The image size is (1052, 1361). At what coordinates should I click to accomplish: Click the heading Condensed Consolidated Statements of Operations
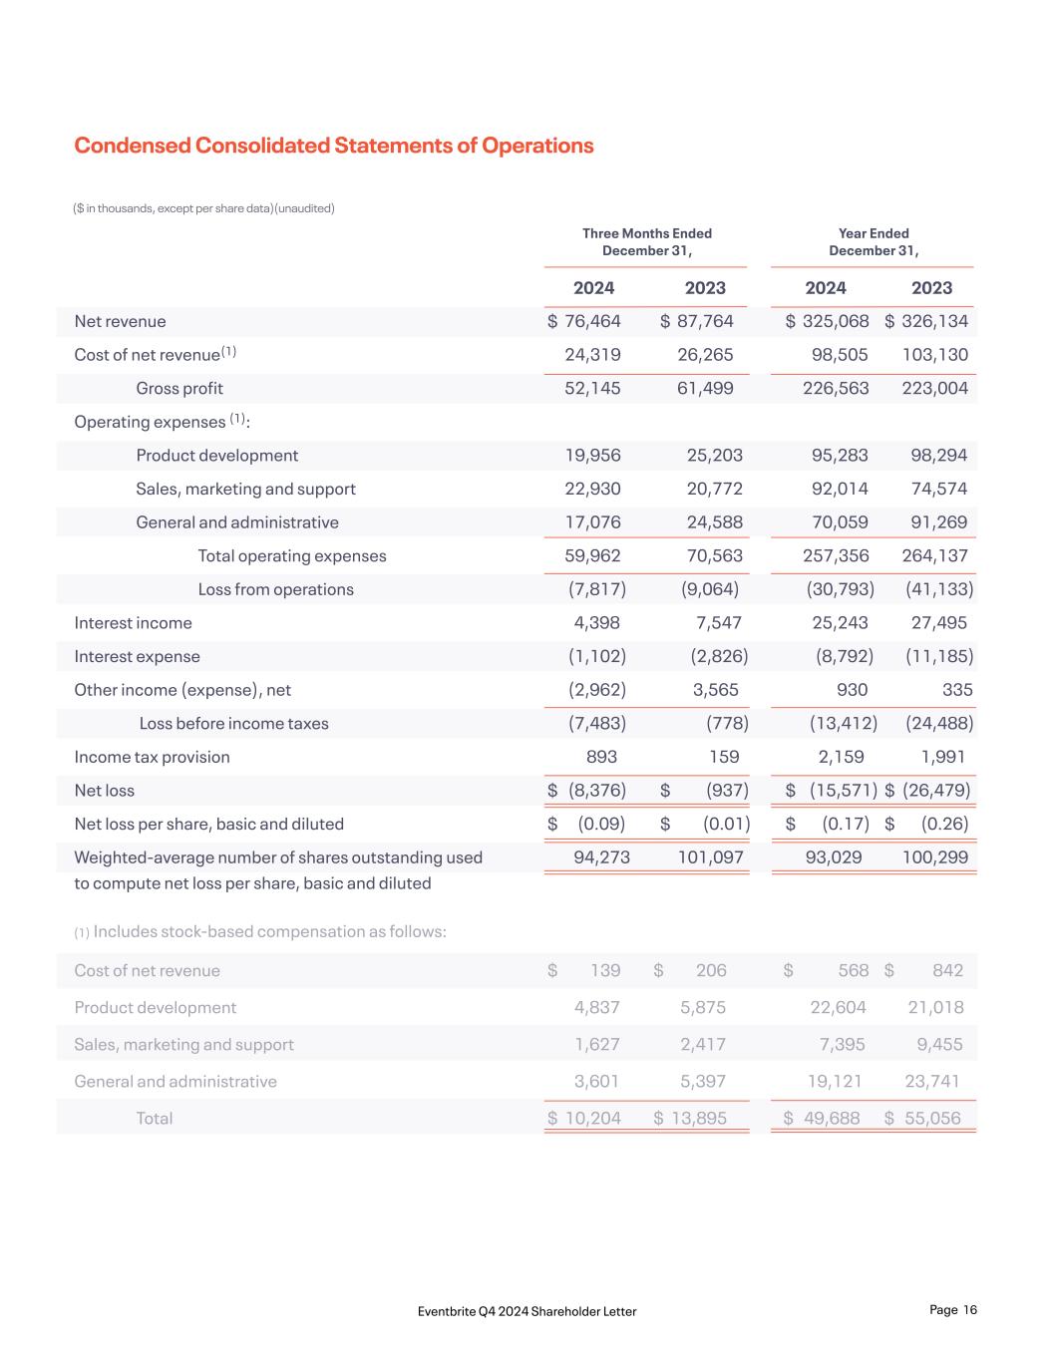point(334,146)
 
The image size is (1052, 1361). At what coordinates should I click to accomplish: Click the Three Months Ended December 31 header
point(646,242)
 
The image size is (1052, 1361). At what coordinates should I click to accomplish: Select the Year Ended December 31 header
point(874,242)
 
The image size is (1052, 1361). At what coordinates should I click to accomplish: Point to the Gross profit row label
point(179,388)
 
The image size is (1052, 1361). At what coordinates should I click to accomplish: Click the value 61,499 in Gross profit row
point(705,388)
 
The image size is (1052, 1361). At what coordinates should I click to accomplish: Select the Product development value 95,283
point(840,455)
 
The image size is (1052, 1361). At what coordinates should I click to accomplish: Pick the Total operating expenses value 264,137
point(934,555)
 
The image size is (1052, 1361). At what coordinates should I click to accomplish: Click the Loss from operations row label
point(275,589)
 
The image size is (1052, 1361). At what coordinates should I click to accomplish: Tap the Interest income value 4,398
point(597,622)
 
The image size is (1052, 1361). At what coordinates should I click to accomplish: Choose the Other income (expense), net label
point(182,690)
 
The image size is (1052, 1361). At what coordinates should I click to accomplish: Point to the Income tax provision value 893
point(602,757)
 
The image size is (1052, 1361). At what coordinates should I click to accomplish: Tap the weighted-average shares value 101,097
point(711,857)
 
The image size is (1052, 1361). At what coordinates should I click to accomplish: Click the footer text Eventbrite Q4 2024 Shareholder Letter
point(527,1311)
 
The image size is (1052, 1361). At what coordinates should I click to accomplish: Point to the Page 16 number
point(953,1310)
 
